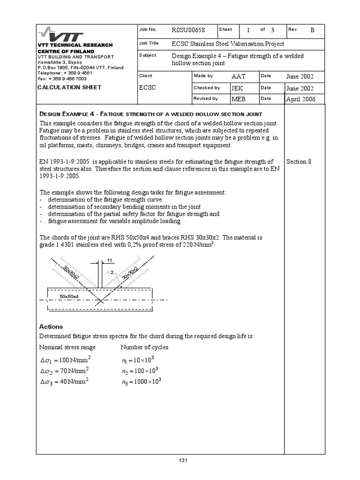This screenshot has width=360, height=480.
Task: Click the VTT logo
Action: click(61, 35)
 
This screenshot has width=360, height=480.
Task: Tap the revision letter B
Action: click(313, 30)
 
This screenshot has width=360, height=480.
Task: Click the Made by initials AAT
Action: click(239, 76)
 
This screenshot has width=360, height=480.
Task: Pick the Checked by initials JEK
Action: click(237, 88)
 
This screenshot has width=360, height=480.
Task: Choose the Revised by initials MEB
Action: click(238, 99)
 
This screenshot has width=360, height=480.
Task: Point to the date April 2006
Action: click(300, 99)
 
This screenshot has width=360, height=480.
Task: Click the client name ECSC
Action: click(147, 88)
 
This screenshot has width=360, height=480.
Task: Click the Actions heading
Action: click(51, 327)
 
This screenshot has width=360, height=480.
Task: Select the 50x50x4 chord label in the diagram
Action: click(68, 297)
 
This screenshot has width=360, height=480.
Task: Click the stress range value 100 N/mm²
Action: click(65, 360)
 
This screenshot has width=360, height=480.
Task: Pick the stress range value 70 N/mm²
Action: click(64, 371)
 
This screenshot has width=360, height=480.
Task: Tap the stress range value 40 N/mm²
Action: click(64, 382)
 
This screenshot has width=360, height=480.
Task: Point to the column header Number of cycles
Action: click(144, 347)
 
